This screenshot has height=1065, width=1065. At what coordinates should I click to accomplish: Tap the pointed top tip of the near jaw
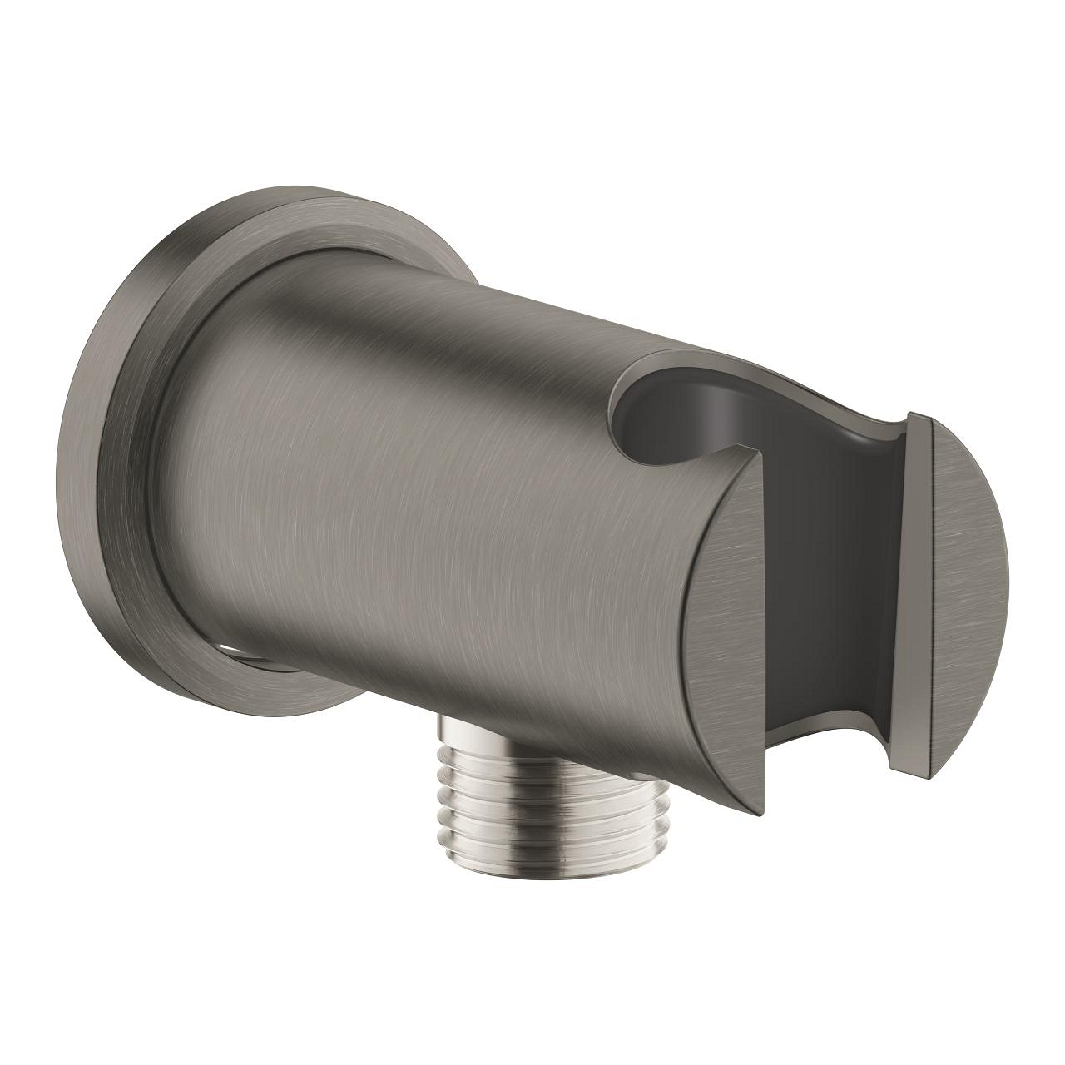pyautogui.click(x=758, y=454)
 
